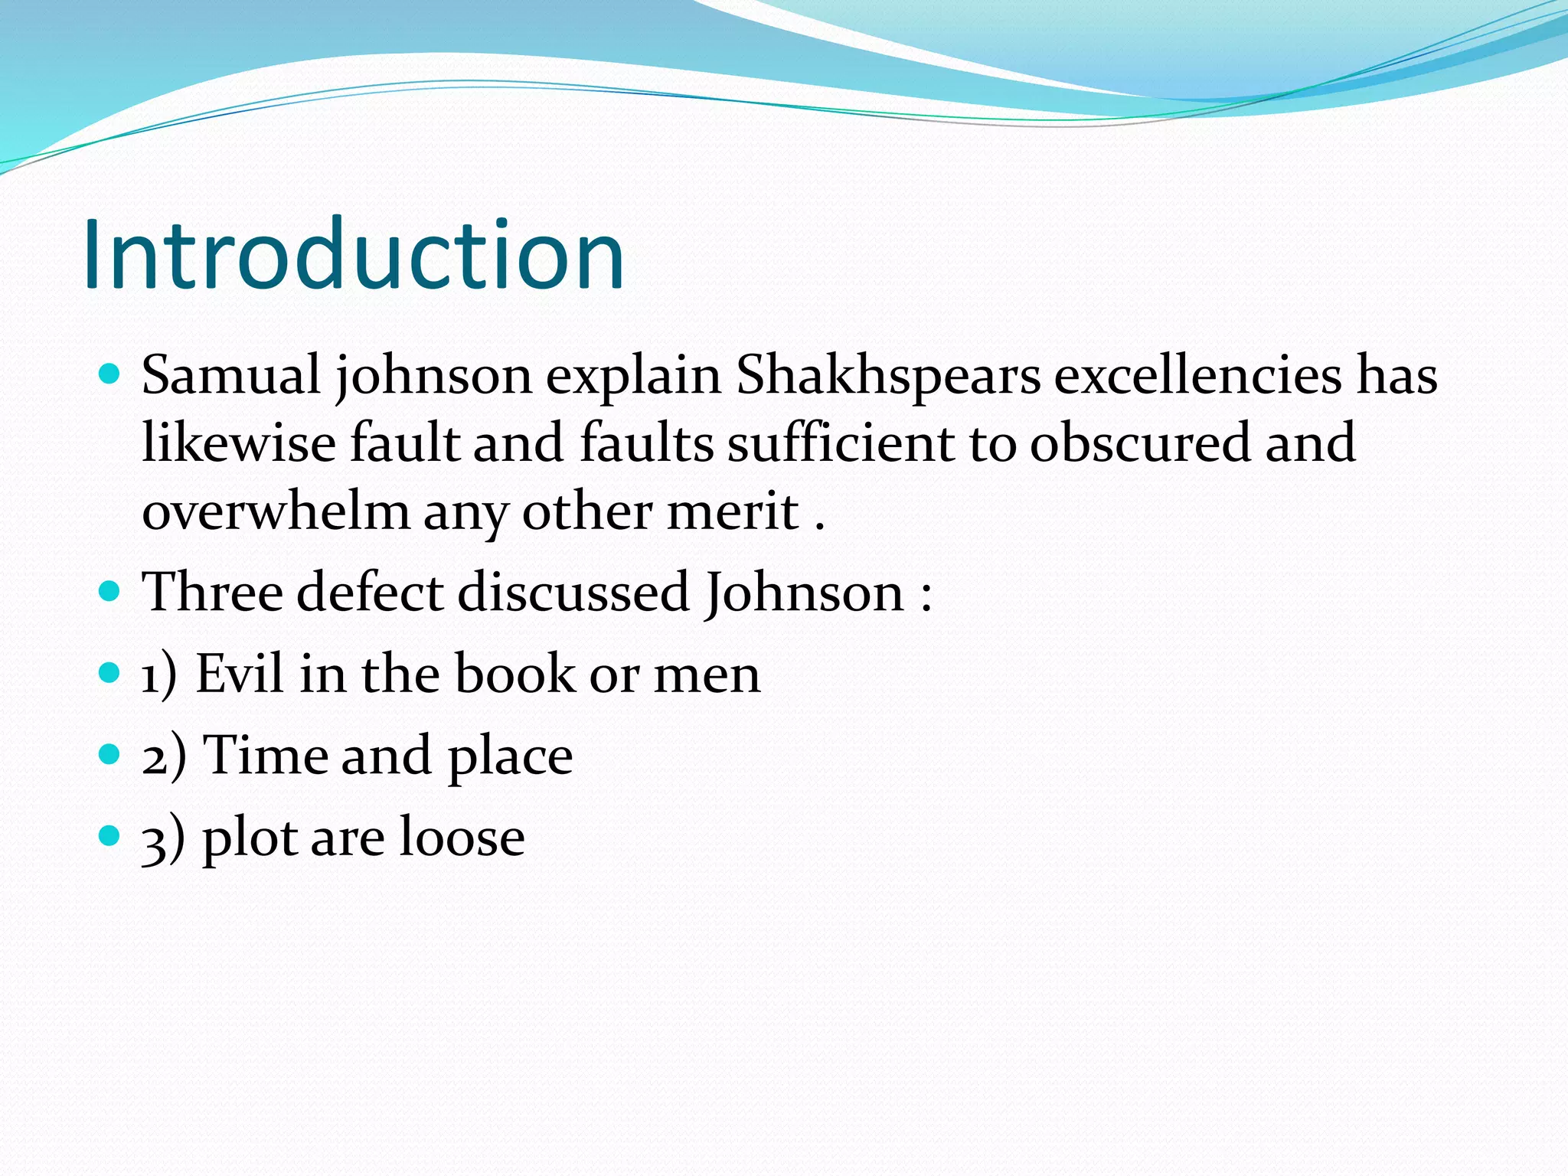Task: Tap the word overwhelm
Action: pyautogui.click(x=276, y=511)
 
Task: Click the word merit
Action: pyautogui.click(x=733, y=511)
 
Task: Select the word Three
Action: pyautogui.click(x=212, y=592)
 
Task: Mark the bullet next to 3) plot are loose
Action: pyautogui.click(x=110, y=835)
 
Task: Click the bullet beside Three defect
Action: pyautogui.click(x=110, y=591)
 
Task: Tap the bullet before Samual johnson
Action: pyautogui.click(x=110, y=374)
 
